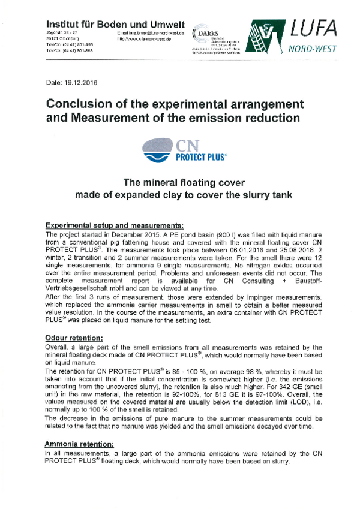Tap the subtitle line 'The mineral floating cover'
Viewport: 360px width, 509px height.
178,183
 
